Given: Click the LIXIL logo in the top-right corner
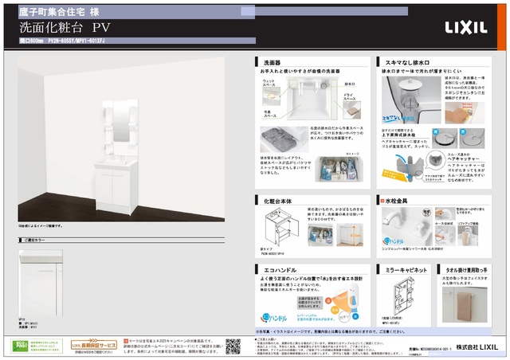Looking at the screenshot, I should point(466,27).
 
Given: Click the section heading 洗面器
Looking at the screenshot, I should point(272,61).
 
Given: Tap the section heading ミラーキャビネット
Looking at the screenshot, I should point(403,271).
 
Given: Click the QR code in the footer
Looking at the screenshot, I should point(233,346).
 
